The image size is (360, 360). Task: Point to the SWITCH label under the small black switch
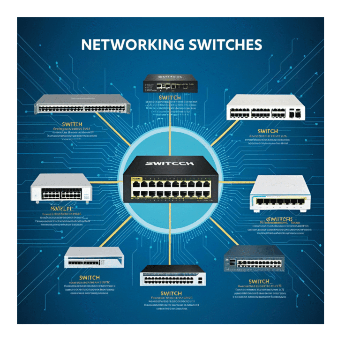coord(170,97)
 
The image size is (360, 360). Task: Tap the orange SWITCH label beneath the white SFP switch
coord(268,131)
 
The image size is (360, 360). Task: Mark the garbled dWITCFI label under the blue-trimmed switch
coord(276,219)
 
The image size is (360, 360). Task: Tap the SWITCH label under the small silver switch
coord(90,278)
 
